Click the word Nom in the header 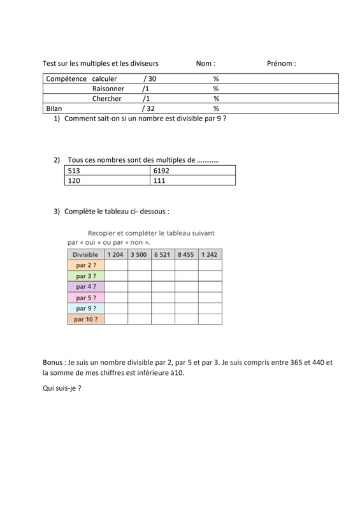204,64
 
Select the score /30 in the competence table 150,78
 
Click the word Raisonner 108,89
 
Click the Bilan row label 54,109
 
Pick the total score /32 149,109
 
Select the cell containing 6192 162,171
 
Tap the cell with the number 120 75,181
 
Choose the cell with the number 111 160,181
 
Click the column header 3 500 138,254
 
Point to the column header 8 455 186,254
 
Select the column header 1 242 210,254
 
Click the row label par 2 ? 86,265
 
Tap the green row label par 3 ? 86,276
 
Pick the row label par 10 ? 86,319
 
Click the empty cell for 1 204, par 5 116,298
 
